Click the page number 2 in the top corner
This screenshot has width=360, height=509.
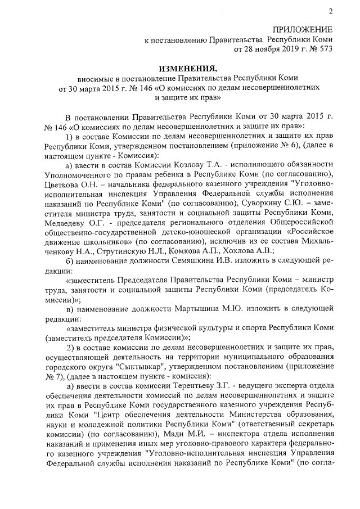point(330,11)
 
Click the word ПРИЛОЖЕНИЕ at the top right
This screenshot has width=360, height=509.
point(303,29)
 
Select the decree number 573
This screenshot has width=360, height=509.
point(326,49)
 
